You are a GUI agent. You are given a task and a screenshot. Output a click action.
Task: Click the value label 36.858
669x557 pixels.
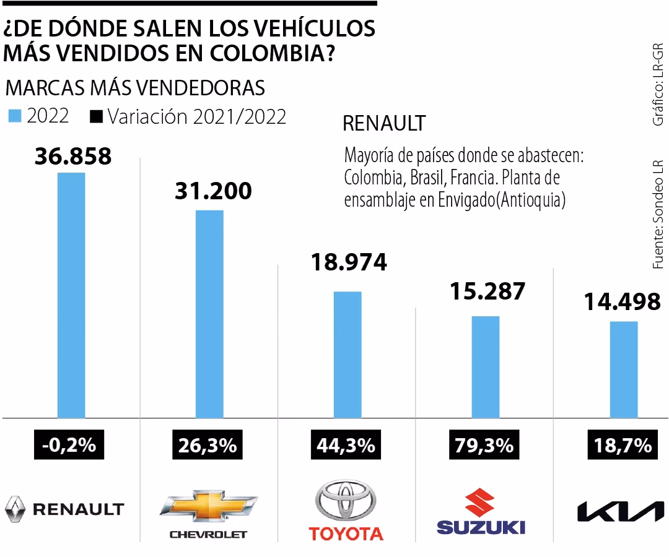pyautogui.click(x=73, y=156)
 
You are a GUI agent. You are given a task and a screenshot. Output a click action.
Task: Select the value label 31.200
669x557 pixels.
pyautogui.click(x=213, y=191)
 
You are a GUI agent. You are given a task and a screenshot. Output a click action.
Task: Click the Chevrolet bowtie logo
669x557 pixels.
pyautogui.click(x=208, y=505)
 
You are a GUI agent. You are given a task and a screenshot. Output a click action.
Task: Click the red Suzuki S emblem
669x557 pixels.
pyautogui.click(x=481, y=502)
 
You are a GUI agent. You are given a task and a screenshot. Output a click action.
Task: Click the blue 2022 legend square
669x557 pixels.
pyautogui.click(x=15, y=116)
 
